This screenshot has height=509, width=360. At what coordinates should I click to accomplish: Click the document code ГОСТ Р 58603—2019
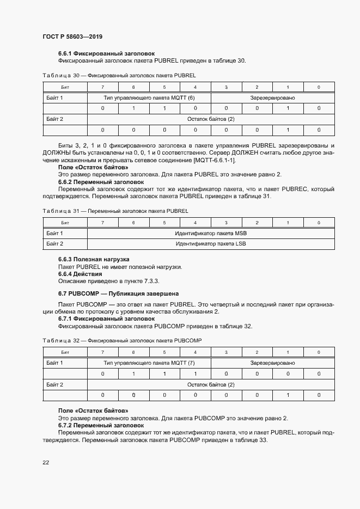(72, 36)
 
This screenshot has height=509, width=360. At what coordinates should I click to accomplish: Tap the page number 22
(46, 462)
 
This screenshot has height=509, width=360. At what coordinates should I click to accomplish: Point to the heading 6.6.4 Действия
(80, 274)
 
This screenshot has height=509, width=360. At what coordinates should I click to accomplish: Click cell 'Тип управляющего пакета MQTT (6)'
(149, 98)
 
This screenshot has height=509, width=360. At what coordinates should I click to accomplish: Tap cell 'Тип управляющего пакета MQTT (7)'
(149, 363)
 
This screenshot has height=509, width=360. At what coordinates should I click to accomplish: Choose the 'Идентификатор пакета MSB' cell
(211, 233)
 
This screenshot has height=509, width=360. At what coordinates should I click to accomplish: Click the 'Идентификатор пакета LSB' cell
(211, 244)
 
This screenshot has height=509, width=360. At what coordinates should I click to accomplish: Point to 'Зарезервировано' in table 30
(272, 98)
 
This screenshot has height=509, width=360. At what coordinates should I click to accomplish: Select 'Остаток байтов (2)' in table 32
(211, 385)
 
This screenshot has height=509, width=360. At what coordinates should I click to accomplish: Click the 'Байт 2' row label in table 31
(55, 244)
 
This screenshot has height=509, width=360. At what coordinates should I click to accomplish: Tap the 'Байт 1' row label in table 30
(55, 98)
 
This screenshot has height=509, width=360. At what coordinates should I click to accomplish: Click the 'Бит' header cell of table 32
(65, 353)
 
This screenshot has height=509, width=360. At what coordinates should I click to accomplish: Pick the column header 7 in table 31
(102, 223)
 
